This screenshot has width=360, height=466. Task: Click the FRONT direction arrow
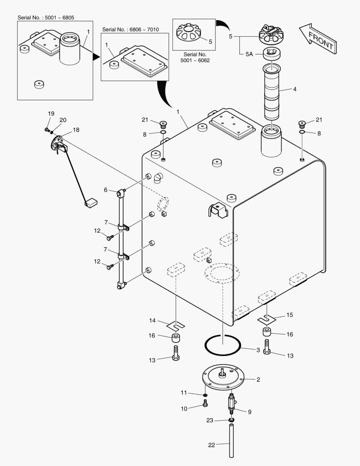317,39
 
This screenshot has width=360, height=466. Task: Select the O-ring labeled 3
222,344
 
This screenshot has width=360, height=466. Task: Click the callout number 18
76,129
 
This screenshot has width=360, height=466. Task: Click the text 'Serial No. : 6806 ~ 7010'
131,29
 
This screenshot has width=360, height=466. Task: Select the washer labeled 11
205,394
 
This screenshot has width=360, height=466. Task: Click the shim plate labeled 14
176,324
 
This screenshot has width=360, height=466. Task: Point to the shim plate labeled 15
266,319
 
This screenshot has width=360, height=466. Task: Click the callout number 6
106,189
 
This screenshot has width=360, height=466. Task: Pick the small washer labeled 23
232,420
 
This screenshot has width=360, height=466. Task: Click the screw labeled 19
47,129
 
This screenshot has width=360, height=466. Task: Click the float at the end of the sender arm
91,201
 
